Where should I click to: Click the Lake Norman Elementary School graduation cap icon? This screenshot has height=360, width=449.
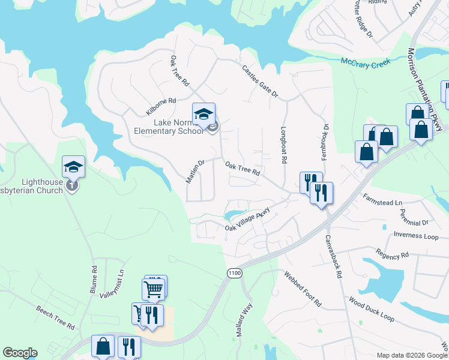203,113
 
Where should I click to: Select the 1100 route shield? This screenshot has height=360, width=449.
235,273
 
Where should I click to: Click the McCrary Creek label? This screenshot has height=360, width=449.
366,62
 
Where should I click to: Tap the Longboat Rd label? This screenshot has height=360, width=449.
283,145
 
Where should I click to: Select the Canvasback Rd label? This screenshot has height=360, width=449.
333,256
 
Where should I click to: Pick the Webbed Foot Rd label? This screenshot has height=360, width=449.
303,289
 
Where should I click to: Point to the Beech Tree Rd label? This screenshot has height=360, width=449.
55,318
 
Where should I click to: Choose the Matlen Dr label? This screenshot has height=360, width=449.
196,172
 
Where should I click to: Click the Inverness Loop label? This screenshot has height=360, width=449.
416,235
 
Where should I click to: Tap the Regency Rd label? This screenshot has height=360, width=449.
392,254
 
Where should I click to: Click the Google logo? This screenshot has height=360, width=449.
20,353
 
